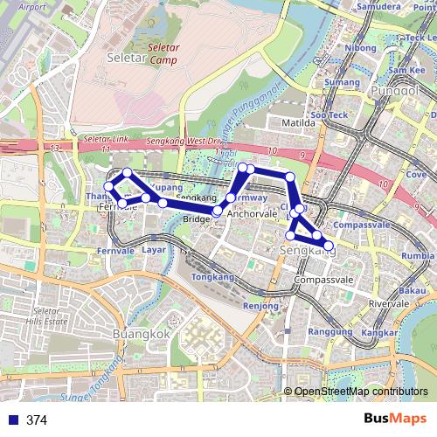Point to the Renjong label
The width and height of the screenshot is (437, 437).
pos(260,306)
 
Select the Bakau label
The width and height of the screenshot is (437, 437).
pos(412,289)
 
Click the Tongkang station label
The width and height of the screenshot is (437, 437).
pos(207,276)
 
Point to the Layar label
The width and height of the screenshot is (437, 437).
pos(154,249)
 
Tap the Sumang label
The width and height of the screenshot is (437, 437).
pos(342,82)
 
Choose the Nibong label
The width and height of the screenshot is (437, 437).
pos(360,48)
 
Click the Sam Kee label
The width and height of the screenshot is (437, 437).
pos(406,70)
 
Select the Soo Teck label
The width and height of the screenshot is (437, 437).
pos(329,114)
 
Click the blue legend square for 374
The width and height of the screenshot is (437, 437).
pos(9,420)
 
